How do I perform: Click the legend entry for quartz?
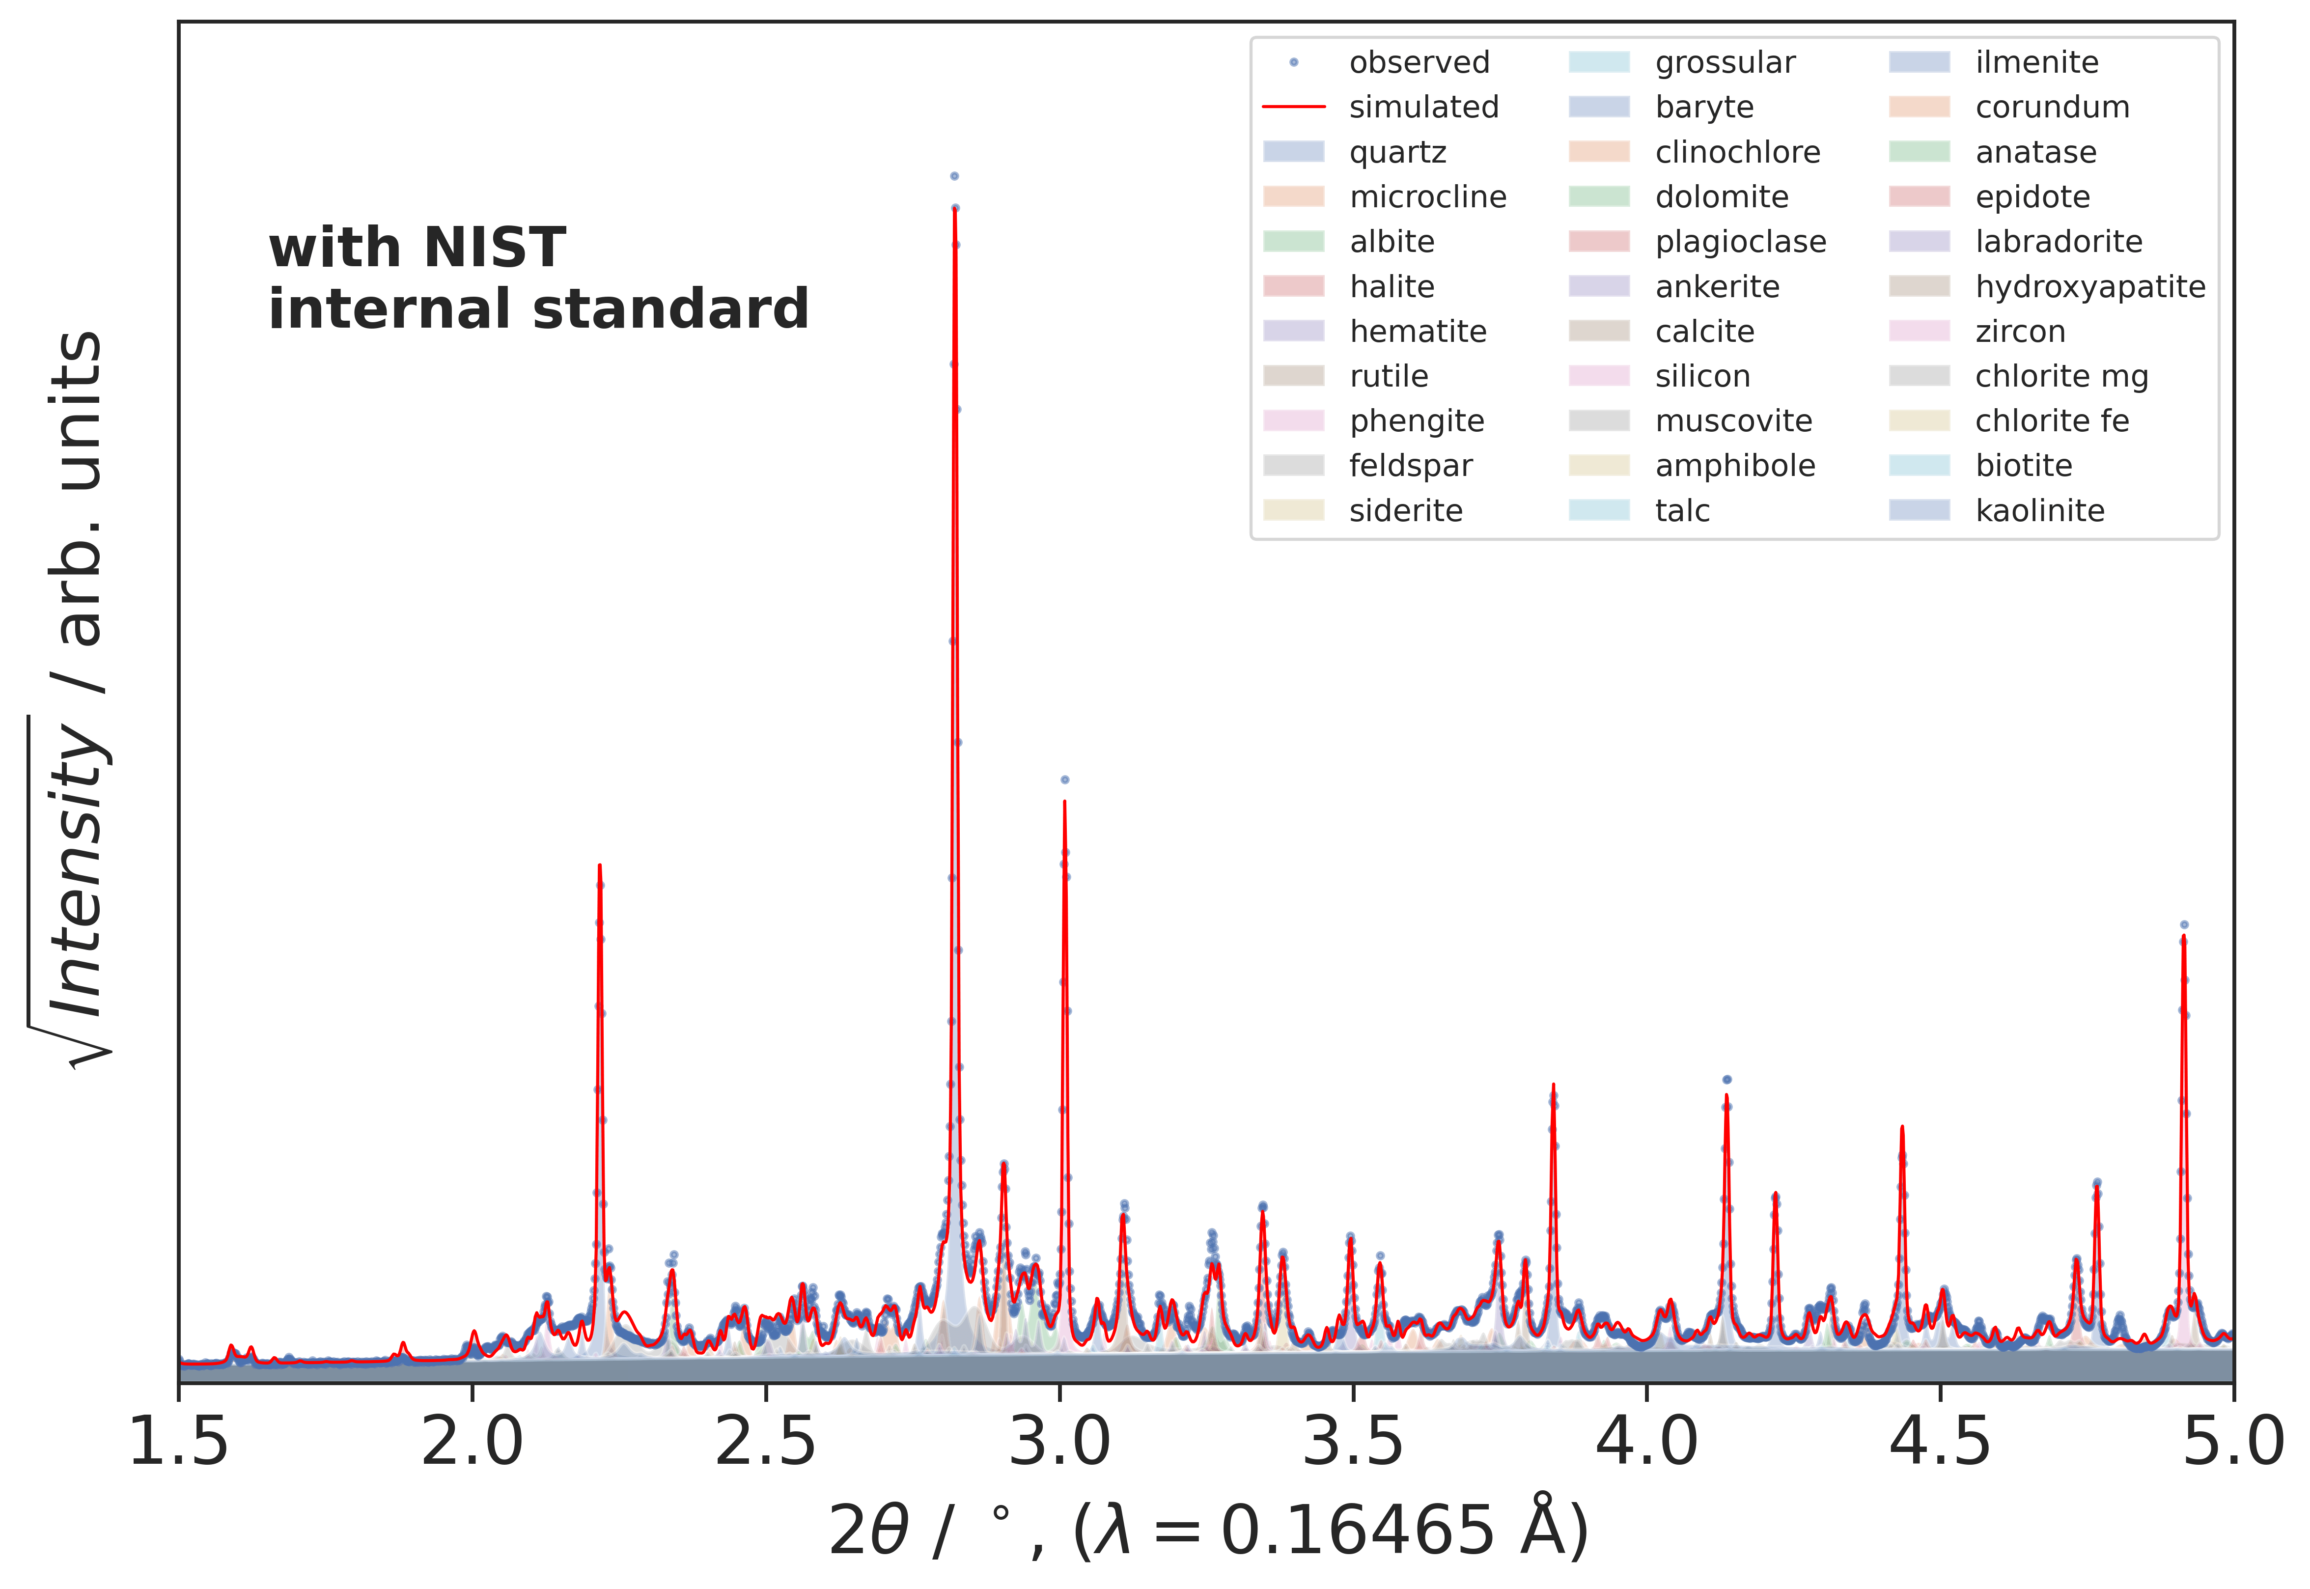pyautogui.click(x=1397, y=152)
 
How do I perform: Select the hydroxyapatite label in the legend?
pyautogui.click(x=2090, y=287)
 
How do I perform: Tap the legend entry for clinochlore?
pyautogui.click(x=1737, y=152)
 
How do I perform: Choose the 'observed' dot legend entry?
pyautogui.click(x=1419, y=63)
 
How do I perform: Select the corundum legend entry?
pyautogui.click(x=2052, y=108)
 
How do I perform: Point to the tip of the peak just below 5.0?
pyautogui.click(x=2184, y=936)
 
